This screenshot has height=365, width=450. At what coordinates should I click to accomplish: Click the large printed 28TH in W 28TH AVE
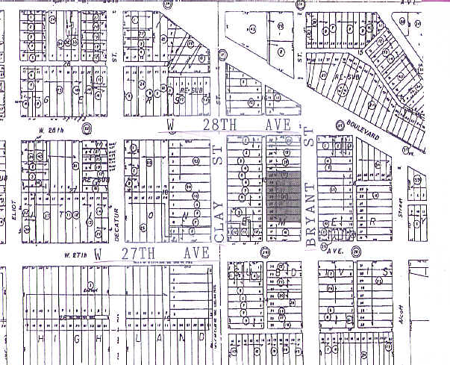tap(224, 122)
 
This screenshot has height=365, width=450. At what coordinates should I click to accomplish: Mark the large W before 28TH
tap(171, 122)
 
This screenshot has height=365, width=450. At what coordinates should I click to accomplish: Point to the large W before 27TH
tap(98, 254)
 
